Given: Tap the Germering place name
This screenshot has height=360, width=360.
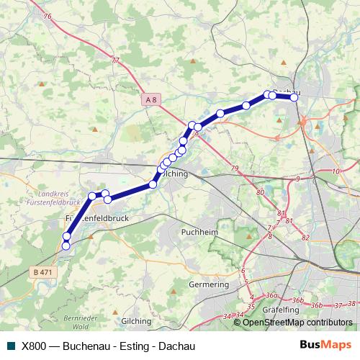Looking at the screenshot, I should click(207, 284).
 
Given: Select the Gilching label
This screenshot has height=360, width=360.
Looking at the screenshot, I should click(136, 320).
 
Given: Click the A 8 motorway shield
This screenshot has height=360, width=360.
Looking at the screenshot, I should click(150, 100).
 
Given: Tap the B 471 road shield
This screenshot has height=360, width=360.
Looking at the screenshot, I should click(43, 271).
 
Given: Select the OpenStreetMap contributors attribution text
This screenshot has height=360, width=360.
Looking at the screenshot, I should click(297, 323).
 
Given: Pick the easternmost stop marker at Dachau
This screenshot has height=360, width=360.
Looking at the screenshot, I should click(294, 98).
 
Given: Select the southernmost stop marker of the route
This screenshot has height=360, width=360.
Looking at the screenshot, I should click(66, 246).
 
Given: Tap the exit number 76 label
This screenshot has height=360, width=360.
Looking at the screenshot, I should click(48, 16).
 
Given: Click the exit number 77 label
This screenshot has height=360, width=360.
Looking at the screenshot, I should click(116, 61).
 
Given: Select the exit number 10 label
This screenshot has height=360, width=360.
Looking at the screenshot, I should click(337, 171).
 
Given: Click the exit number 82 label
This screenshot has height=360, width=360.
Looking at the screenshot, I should click(305, 237).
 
